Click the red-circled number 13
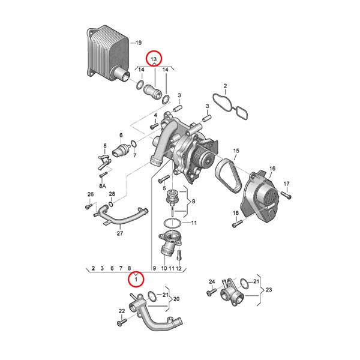point(154,59)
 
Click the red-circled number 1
point(136,279)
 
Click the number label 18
point(236,213)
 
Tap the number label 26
point(90,194)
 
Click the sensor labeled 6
point(124,149)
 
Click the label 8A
point(102,187)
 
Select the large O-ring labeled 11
point(172,223)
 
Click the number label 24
point(211,281)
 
